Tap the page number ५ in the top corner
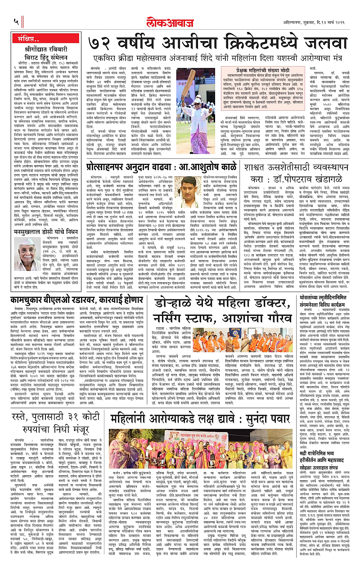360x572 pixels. [16, 21]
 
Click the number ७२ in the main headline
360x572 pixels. [102, 43]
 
